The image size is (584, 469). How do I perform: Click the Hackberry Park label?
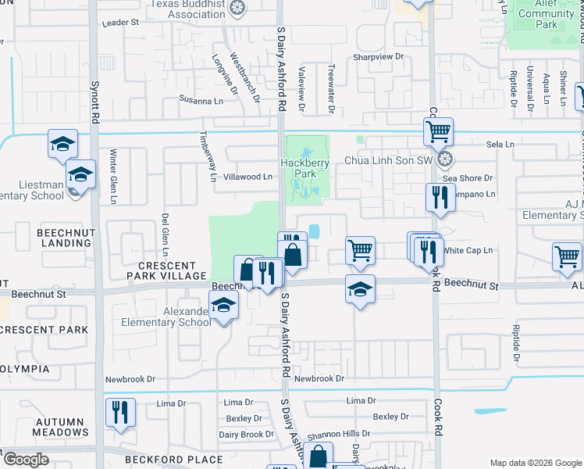click(x=305, y=167)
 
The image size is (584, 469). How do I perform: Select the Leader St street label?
click(x=119, y=23)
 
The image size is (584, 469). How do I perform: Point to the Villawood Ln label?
click(x=247, y=177)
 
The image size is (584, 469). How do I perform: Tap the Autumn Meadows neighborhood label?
click(x=61, y=427)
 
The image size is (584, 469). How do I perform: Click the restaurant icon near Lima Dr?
click(x=120, y=411)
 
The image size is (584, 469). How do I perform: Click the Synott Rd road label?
click(x=95, y=109)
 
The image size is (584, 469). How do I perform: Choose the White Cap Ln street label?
click(x=468, y=251)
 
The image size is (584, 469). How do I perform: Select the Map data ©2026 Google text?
click(x=535, y=463)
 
